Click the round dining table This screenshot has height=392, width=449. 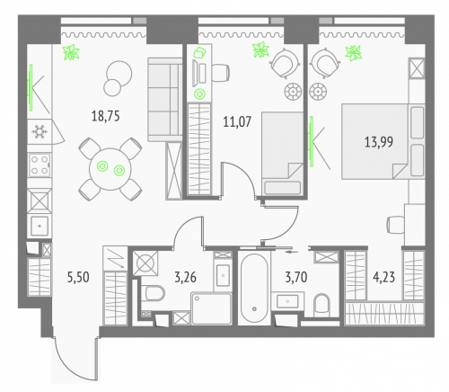click(x=110, y=166)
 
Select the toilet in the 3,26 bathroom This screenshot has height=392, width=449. click(x=153, y=294)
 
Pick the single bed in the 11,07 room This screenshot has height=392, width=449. click(x=280, y=153)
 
